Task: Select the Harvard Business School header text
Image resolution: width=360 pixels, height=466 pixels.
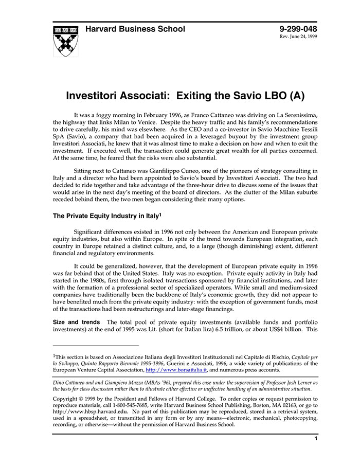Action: [135, 29]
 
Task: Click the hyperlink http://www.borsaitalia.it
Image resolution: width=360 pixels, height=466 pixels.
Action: [176, 369]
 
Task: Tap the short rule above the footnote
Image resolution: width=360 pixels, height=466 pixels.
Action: [96, 346]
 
